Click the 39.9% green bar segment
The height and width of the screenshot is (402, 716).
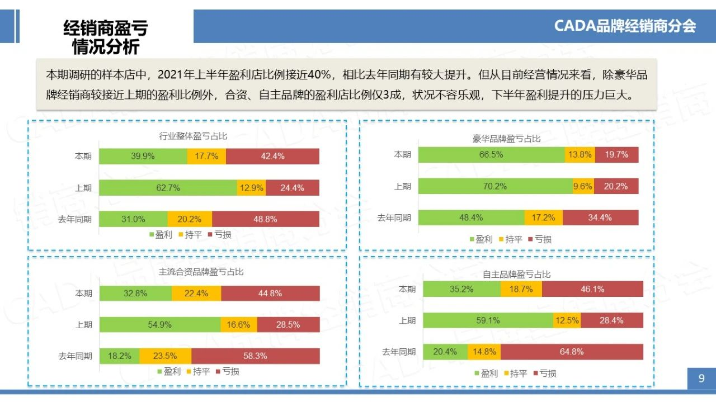tap(143, 157)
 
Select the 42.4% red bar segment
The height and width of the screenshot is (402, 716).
tap(272, 157)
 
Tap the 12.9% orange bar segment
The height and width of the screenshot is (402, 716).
tap(251, 188)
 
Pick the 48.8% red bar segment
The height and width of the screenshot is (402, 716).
tap(265, 219)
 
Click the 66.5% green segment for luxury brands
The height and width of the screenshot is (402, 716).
tap(491, 155)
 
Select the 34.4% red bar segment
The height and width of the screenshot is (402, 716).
tap(600, 217)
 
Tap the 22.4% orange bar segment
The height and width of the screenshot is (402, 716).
tap(196, 293)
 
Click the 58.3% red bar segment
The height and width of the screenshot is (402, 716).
tap(255, 356)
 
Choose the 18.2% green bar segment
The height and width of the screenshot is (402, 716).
tap(119, 356)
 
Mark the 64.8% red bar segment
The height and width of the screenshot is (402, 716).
tap(571, 352)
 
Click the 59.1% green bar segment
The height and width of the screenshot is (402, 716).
tap(488, 320)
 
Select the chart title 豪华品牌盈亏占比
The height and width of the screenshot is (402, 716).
tap(506, 138)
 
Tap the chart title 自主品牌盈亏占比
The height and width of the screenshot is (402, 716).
tap(516, 275)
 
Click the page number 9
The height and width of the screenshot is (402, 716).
tap(701, 379)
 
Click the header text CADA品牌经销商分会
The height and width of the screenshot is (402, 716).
tap(625, 26)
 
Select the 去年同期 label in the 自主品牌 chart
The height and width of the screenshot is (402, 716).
tap(399, 352)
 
